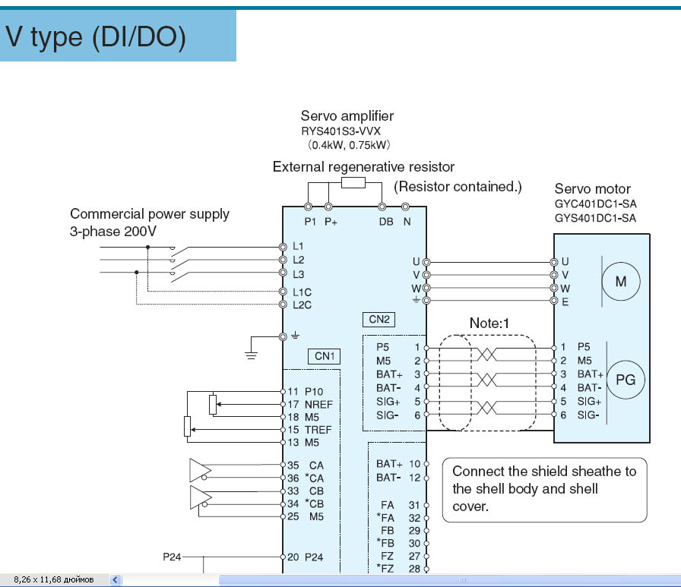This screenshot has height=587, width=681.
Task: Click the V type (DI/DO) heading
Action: tap(95, 37)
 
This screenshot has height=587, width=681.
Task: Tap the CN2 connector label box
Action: tap(379, 320)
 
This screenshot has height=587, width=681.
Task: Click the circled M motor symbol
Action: tap(621, 282)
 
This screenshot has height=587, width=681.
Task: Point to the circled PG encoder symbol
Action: tap(625, 380)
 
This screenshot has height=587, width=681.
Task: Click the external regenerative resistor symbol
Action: tap(354, 182)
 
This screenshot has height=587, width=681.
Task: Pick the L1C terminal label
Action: tap(302, 292)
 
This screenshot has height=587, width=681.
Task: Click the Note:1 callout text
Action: tap(489, 323)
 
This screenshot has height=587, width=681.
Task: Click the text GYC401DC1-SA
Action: tap(595, 205)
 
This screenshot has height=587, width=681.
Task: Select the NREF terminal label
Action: tap(318, 405)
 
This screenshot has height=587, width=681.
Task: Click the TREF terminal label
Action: tap(318, 430)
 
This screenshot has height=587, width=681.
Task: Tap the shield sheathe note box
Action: tap(544, 489)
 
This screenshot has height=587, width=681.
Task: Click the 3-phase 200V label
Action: tap(113, 232)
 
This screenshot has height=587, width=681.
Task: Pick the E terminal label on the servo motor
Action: tap(565, 302)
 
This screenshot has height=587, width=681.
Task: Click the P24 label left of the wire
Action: tap(173, 557)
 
